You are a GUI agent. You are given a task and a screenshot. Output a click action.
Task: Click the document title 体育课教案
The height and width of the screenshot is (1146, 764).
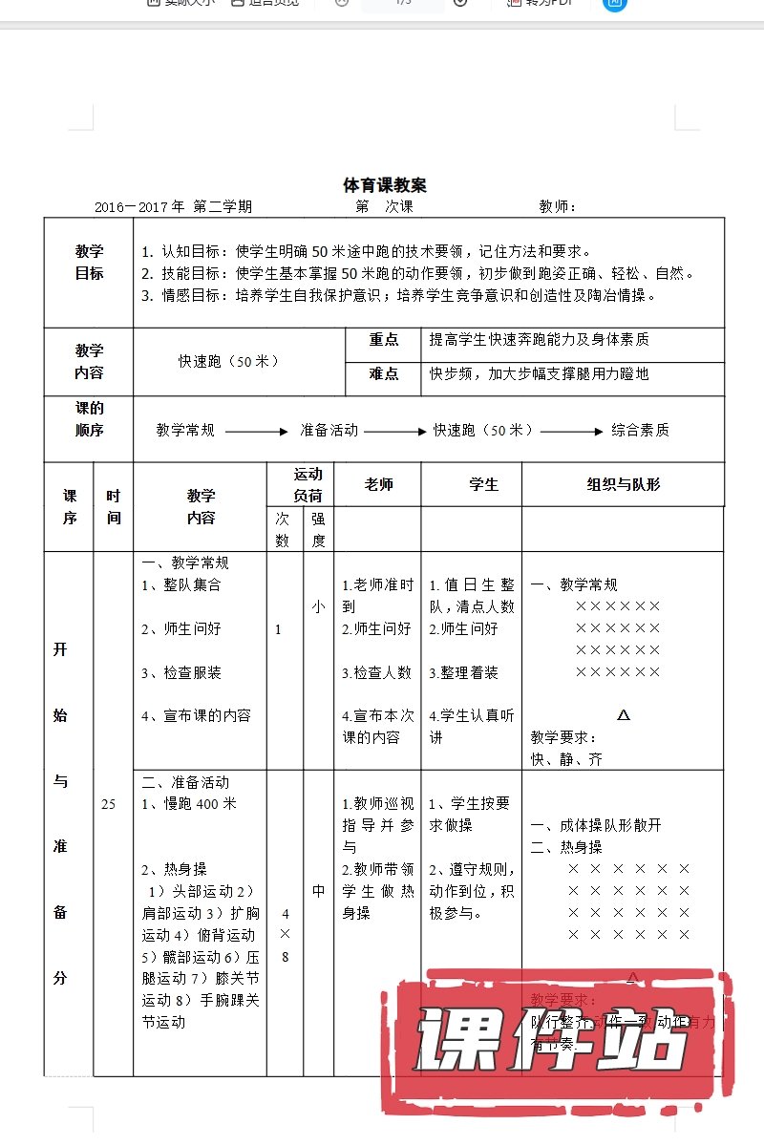point(385,185)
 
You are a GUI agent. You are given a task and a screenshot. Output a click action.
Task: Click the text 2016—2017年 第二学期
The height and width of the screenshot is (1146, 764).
point(173,206)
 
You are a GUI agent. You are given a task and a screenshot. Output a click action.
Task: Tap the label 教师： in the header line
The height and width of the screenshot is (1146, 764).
point(558,206)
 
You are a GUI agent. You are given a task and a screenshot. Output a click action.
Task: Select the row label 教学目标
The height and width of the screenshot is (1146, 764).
point(89,262)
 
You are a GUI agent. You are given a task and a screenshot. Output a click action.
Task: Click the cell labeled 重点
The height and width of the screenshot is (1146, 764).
point(384,340)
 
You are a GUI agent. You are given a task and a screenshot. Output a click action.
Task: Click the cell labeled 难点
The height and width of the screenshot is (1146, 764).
point(384,373)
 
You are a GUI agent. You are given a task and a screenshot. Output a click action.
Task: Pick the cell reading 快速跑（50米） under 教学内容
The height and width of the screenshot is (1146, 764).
point(229,361)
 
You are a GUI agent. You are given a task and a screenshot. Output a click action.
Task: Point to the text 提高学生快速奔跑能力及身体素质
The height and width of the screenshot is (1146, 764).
point(540,340)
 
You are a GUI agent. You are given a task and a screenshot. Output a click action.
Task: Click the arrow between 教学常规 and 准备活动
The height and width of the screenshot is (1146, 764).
point(256,432)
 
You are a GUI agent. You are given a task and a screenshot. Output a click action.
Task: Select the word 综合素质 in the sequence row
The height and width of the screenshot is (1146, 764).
point(640,430)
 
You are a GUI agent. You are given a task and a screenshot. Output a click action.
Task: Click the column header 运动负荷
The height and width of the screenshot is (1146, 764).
point(308,484)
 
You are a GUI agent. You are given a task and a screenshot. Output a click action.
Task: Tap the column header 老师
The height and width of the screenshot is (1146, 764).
point(379,484)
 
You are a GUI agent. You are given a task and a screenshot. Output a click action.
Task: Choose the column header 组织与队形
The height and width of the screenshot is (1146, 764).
point(623,484)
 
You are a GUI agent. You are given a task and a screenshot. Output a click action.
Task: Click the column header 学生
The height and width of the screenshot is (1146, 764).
point(483,484)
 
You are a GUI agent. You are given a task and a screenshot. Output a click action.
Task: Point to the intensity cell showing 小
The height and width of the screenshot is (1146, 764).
point(318,605)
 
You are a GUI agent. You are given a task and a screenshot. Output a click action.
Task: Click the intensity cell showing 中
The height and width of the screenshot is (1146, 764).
point(318,891)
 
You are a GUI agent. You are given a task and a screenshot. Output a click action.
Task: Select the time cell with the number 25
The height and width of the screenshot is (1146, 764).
point(108,804)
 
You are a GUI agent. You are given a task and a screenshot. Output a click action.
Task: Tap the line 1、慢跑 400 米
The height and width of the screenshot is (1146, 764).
point(189,803)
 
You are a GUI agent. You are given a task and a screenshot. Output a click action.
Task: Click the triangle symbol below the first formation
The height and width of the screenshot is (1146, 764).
point(624,714)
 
